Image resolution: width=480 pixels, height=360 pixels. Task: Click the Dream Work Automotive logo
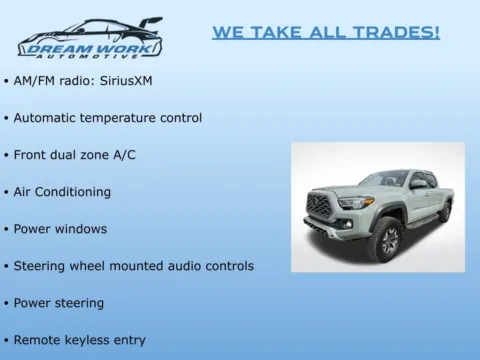[89, 38]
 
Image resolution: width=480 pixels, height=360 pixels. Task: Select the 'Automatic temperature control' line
[107, 117]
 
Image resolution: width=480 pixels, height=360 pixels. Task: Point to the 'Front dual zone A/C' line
[77, 154]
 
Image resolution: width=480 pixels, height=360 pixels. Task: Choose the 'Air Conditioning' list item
[62, 191]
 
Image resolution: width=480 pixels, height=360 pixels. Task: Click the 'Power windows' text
[60, 228]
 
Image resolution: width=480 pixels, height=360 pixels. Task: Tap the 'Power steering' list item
[58, 302]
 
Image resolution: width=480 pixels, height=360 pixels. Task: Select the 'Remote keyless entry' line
[79, 339]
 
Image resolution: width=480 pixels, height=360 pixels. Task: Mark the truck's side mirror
[417, 185]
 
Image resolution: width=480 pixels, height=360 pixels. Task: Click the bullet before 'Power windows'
[6, 229]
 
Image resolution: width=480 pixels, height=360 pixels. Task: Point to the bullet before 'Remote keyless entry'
[6, 340]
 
